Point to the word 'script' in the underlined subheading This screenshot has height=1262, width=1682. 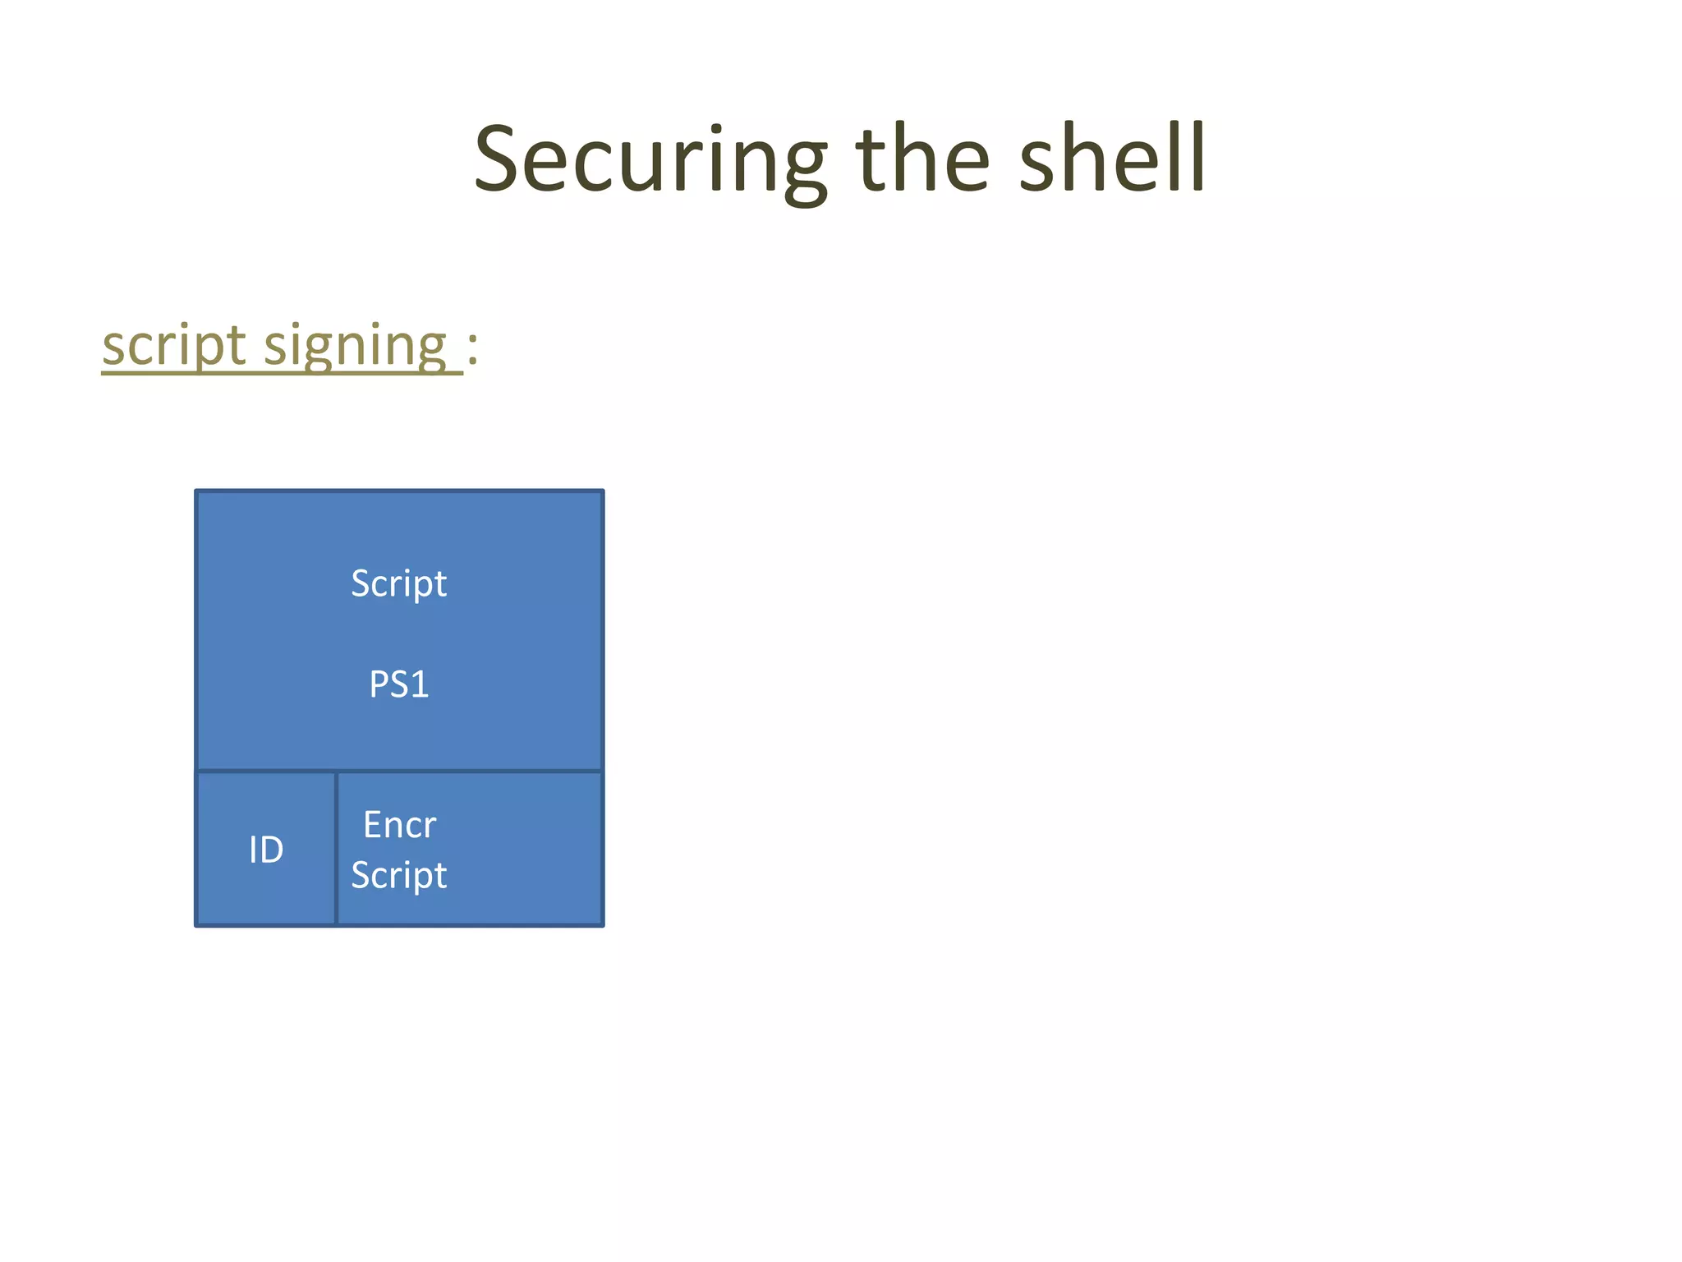point(174,345)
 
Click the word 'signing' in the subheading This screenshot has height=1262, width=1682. point(355,345)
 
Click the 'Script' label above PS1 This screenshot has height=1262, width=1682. point(399,584)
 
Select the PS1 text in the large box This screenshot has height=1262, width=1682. point(399,684)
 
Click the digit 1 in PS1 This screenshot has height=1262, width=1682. point(420,684)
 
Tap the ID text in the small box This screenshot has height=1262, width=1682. point(266,850)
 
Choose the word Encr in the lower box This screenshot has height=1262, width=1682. point(400,825)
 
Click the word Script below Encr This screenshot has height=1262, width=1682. point(399,875)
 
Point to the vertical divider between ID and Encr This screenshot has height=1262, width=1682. point(337,849)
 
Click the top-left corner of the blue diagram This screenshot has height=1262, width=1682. point(196,491)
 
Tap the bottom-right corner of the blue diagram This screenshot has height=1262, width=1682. point(603,925)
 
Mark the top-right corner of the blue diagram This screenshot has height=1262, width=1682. point(603,491)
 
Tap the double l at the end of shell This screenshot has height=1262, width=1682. point(1189,159)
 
